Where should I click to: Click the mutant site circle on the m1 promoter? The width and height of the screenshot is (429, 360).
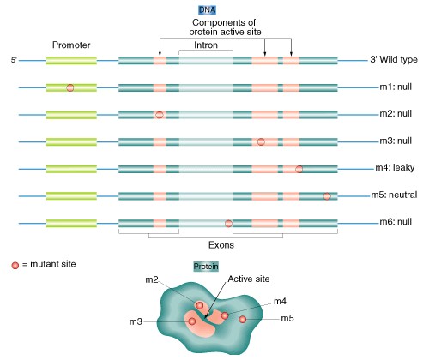click(70, 87)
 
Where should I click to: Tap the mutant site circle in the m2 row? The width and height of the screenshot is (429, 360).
click(160, 115)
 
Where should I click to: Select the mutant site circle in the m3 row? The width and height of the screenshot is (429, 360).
click(261, 141)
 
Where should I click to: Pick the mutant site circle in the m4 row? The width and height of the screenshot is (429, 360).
click(299, 169)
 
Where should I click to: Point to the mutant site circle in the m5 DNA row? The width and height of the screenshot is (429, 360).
click(327, 196)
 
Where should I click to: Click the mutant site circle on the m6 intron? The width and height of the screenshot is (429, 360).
click(228, 223)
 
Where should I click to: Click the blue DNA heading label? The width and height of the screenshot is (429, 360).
click(208, 10)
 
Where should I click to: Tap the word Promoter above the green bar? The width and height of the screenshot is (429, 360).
click(71, 45)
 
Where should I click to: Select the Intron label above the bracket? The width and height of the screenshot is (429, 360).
click(206, 45)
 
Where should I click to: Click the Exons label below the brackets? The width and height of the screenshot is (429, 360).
click(221, 245)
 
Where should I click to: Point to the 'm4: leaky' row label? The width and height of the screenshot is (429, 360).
click(395, 167)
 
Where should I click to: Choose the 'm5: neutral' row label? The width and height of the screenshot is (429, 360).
click(394, 195)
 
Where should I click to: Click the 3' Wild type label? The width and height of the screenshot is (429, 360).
click(394, 59)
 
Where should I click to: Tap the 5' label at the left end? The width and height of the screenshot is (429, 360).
click(14, 60)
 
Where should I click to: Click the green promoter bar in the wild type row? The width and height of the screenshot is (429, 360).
click(71, 61)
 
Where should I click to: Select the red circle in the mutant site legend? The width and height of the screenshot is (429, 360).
click(15, 265)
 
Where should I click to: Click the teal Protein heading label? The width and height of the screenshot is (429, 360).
click(206, 267)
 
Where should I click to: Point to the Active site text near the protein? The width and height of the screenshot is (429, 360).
click(249, 279)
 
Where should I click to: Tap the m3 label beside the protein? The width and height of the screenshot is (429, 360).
click(136, 321)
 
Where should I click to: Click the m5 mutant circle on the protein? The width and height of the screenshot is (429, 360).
click(243, 319)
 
